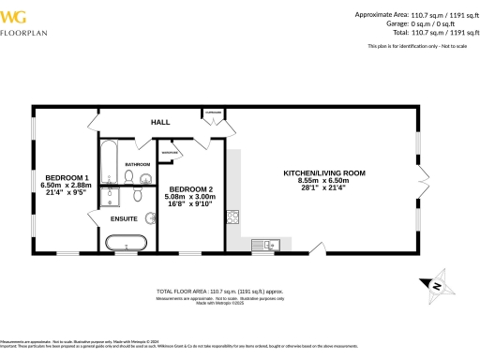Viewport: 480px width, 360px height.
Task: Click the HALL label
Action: click(160, 122)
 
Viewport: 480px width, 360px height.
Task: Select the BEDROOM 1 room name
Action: click(67, 178)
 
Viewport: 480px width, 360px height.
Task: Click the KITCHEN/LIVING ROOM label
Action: click(324, 173)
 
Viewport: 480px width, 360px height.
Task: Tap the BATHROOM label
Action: click(138, 164)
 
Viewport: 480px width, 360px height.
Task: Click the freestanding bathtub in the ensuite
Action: click(127, 244)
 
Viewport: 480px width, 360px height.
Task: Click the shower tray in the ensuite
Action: click(109, 197)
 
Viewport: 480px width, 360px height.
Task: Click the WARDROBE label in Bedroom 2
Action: click(170, 153)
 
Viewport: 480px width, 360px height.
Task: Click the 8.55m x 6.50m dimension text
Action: click(324, 180)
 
